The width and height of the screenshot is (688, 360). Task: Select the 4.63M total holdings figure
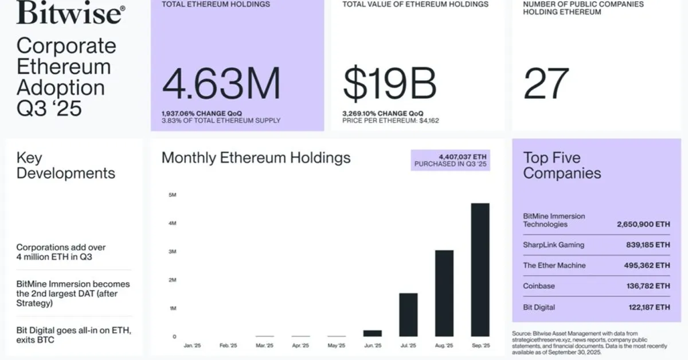[221, 84]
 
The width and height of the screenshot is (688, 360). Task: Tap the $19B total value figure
[390, 84]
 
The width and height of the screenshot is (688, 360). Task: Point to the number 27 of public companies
[546, 84]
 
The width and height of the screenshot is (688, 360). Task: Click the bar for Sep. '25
[480, 269]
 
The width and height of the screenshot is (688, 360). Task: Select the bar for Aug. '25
[444, 293]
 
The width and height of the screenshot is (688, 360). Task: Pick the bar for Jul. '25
[408, 314]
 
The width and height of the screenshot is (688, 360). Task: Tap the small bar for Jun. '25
[373, 333]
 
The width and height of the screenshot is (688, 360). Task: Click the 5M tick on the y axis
[172, 195]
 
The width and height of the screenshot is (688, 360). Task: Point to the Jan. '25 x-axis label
[192, 346]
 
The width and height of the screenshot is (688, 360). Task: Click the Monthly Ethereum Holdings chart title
[256, 158]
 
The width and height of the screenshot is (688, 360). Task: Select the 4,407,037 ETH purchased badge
[451, 160]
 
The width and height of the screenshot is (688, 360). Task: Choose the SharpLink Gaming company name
[553, 245]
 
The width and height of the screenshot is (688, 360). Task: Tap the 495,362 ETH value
[647, 265]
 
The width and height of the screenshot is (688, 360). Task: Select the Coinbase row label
[539, 286]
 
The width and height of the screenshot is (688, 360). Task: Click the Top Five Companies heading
[562, 165]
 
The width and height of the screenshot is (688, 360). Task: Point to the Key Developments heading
[65, 165]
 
